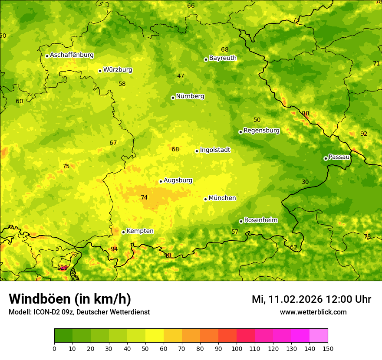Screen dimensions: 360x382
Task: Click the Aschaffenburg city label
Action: pyautogui.click(x=72, y=55)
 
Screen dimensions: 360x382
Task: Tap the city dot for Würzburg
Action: pyautogui.click(x=100, y=71)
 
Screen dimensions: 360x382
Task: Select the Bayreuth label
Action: pyautogui.click(x=223, y=58)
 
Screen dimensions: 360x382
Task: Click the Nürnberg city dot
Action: pyautogui.click(x=173, y=98)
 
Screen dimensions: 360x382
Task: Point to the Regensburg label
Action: pyautogui.click(x=261, y=130)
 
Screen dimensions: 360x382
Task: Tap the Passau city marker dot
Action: pyautogui.click(x=326, y=158)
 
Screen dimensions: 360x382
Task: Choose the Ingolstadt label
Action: pyautogui.click(x=215, y=150)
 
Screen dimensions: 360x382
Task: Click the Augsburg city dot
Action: pyautogui.click(x=161, y=181)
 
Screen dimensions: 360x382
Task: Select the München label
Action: pyautogui.click(x=222, y=198)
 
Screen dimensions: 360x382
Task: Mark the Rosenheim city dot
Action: pyautogui.click(x=241, y=221)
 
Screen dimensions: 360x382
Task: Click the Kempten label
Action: pyautogui.click(x=140, y=231)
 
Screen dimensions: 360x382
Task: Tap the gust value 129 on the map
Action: pyautogui.click(x=63, y=268)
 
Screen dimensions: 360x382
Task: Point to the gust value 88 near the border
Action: pyautogui.click(x=306, y=114)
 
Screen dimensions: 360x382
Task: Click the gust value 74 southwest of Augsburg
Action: pyautogui.click(x=144, y=197)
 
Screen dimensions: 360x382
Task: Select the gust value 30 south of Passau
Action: pyautogui.click(x=305, y=182)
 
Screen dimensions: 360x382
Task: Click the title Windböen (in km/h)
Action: pyautogui.click(x=70, y=299)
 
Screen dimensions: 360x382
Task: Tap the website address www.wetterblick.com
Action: pyautogui.click(x=313, y=312)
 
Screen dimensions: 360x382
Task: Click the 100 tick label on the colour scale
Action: pyautogui.click(x=237, y=348)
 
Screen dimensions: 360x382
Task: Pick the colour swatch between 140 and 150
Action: pyautogui.click(x=319, y=336)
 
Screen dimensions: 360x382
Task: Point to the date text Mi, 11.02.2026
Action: pyautogui.click(x=286, y=299)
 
